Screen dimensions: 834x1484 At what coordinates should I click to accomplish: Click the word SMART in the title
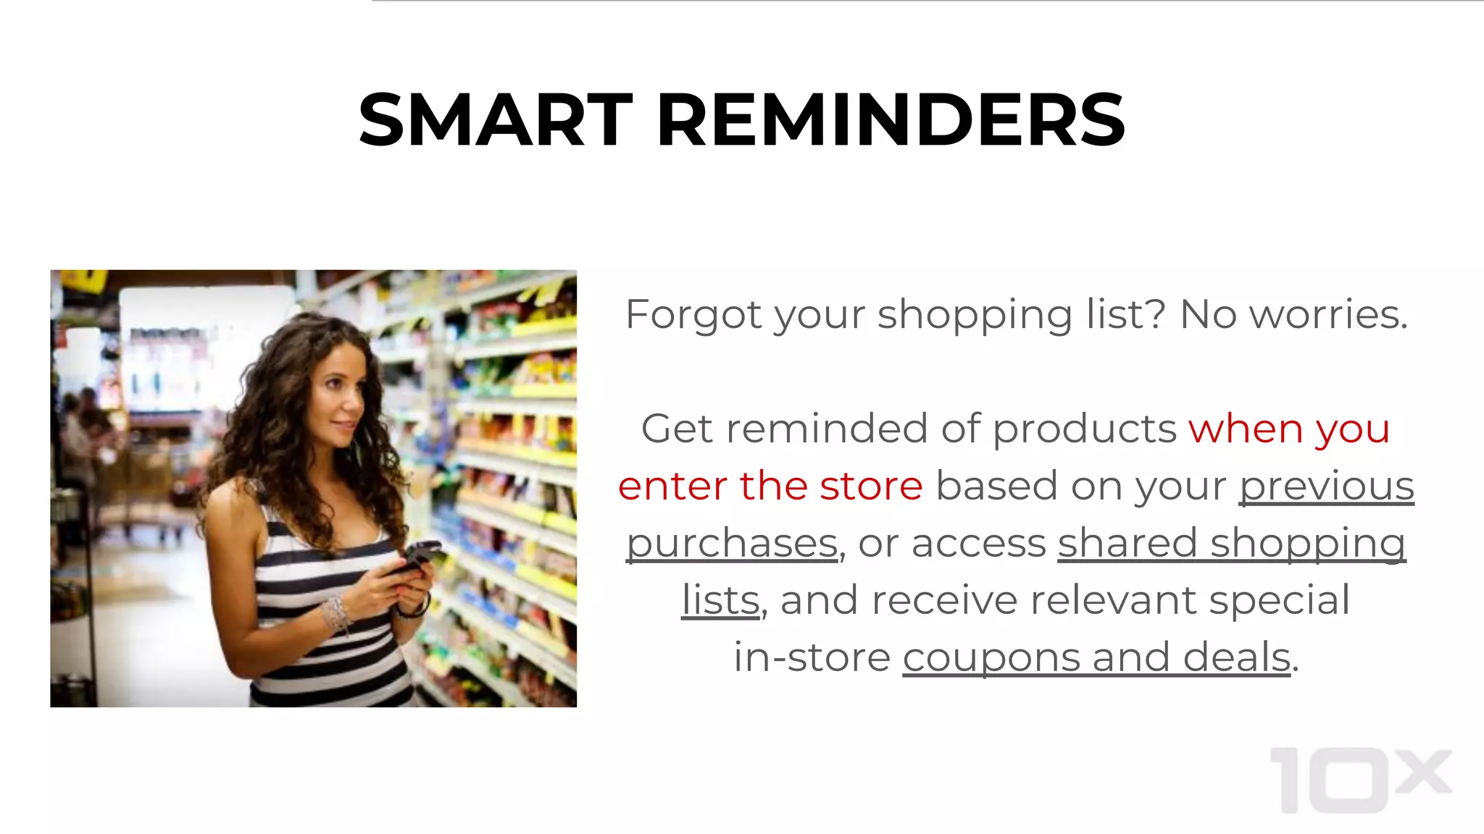click(496, 120)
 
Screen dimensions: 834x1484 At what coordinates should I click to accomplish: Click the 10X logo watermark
click(1361, 780)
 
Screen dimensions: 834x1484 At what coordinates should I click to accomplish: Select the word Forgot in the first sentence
click(693, 315)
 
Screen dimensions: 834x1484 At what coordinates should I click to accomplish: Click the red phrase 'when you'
click(1289, 429)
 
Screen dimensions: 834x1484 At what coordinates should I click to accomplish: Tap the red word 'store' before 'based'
click(871, 486)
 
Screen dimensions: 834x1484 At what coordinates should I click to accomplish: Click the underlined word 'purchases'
click(732, 544)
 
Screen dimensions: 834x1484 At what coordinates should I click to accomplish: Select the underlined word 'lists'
click(721, 600)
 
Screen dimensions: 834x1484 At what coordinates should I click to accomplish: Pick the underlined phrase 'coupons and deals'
click(1096, 657)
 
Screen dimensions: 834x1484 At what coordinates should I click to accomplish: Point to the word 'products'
click(1084, 429)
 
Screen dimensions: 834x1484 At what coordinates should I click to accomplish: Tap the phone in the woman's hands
click(419, 556)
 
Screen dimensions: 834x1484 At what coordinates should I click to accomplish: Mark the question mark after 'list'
click(1156, 315)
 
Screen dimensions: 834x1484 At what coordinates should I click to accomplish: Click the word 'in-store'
click(812, 657)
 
